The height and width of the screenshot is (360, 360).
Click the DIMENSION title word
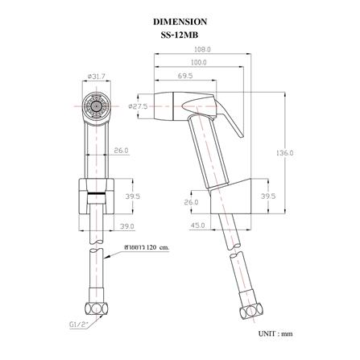180,22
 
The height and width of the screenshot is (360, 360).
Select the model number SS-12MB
180,35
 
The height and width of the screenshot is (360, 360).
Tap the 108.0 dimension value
202,49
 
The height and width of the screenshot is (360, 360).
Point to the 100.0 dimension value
199,63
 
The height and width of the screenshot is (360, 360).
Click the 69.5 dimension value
185,76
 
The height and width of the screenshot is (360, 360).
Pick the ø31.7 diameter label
96,77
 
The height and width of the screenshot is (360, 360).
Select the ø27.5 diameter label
138,106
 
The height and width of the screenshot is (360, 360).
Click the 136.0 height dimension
285,153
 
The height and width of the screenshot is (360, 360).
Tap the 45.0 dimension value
197,226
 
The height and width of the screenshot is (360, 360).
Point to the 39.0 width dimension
126,226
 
